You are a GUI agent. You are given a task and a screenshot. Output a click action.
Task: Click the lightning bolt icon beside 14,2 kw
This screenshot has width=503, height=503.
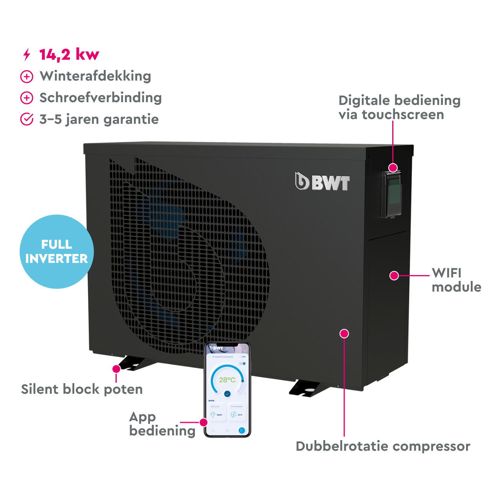pos(27,55)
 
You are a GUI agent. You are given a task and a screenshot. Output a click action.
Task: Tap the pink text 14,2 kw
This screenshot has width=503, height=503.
pos(69,55)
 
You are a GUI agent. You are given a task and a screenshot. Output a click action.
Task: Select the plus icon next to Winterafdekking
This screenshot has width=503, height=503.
pos(27,77)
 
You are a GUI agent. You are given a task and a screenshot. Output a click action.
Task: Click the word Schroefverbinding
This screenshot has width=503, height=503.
pos(101,98)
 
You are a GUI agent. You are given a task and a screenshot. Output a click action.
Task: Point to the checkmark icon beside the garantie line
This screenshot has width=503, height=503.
pos(27,119)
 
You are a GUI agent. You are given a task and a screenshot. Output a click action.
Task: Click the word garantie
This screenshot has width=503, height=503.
pos(131,119)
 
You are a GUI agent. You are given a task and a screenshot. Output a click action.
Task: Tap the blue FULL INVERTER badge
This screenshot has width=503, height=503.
pos(57,251)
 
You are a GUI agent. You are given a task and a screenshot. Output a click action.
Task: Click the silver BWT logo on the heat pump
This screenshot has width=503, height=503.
pos(322,182)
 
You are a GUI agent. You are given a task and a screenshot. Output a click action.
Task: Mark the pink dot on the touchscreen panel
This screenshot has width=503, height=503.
pos(393,168)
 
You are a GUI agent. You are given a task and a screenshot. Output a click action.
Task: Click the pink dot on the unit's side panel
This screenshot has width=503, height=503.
pos(394,275)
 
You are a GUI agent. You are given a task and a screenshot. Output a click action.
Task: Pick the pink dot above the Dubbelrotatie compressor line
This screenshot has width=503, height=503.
pos(344,334)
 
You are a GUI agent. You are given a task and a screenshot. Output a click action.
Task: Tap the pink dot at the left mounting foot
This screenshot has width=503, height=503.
pos(116,369)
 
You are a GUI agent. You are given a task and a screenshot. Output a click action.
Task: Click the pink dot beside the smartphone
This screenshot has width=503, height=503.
pos(203,422)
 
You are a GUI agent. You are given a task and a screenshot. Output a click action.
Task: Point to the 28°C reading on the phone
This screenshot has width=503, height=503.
pos(227,380)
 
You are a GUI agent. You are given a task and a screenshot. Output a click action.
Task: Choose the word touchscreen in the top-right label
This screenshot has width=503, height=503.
pos(403,115)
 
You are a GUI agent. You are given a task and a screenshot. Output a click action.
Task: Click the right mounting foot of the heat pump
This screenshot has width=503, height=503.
pos(307,389)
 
